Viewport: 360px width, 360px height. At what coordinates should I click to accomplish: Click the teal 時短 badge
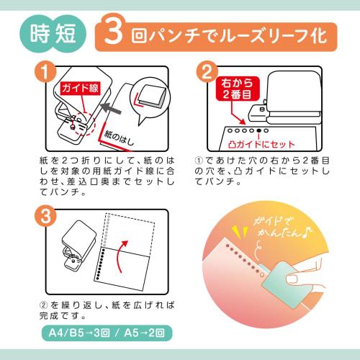[53, 34]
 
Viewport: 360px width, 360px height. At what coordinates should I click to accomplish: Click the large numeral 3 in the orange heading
[114, 31]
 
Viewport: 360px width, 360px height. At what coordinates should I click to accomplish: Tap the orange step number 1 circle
[45, 71]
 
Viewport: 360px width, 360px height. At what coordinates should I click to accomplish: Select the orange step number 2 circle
[207, 71]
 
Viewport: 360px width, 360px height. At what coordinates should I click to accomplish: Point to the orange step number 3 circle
[45, 215]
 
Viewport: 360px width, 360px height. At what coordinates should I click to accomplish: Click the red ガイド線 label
[80, 89]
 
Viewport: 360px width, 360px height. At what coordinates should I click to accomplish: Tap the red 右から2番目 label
[238, 89]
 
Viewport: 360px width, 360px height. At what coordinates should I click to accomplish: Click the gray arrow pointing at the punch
[111, 109]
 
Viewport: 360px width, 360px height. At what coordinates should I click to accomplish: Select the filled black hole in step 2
[258, 131]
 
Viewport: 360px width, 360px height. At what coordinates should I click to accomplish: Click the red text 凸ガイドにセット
[261, 144]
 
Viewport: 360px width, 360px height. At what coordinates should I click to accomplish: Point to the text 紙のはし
[119, 139]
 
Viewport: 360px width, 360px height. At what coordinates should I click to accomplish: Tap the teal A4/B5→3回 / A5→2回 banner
[107, 333]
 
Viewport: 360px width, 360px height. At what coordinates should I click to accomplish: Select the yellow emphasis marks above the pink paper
[240, 233]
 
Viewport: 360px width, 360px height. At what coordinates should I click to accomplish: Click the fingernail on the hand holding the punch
[292, 279]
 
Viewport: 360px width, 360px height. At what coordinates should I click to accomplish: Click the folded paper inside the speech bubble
[151, 96]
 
